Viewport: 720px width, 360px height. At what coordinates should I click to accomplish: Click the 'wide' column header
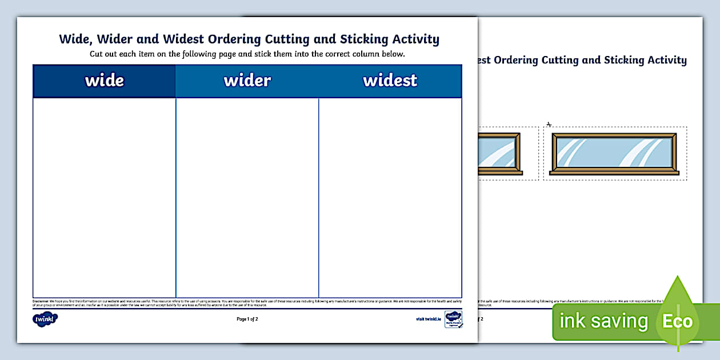(x=104, y=81)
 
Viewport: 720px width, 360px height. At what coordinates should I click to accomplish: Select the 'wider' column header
(x=247, y=81)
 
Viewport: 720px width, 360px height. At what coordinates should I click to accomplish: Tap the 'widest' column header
(x=390, y=81)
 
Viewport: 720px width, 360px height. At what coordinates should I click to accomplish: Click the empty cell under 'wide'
(x=104, y=197)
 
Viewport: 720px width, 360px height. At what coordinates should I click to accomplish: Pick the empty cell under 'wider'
(x=247, y=197)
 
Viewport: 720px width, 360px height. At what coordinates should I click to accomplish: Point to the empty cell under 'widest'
(x=390, y=197)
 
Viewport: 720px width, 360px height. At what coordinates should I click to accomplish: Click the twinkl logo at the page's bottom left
(x=45, y=319)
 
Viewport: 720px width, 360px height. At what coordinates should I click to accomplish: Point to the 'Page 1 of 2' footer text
(x=247, y=319)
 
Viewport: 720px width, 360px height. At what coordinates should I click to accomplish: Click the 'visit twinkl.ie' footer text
(x=429, y=319)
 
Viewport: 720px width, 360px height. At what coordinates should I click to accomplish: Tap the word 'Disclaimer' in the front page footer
(x=41, y=300)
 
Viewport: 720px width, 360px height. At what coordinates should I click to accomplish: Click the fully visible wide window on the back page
(x=614, y=154)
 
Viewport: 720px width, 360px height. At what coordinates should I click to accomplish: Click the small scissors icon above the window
(x=549, y=124)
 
